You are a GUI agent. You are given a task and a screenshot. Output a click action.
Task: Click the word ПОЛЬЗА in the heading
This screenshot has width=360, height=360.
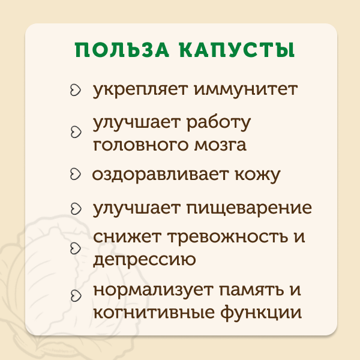(122, 50)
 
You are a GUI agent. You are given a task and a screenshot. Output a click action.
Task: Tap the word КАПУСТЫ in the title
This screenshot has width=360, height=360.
(237, 50)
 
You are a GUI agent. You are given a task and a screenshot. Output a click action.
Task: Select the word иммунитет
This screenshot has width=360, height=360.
(246, 89)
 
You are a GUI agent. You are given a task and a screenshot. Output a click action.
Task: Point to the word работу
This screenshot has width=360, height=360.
(218, 123)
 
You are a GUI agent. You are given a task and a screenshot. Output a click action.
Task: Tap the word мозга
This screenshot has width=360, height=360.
(220, 145)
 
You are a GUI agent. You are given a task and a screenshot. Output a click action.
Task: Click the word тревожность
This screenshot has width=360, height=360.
(228, 236)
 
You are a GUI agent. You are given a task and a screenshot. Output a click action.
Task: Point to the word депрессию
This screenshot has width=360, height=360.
(145, 260)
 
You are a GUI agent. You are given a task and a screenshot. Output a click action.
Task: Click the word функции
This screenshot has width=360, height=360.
(261, 313)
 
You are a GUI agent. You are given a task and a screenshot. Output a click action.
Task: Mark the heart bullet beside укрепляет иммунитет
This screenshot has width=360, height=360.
(76, 90)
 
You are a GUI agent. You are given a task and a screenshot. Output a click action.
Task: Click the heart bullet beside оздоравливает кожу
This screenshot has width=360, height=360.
(76, 174)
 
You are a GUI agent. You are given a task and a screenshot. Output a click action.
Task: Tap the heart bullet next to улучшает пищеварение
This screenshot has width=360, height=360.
(76, 209)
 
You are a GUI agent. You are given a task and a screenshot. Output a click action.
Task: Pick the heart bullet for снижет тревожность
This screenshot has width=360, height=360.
(76, 248)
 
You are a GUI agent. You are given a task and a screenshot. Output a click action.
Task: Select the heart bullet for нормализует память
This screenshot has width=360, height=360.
(76, 296)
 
